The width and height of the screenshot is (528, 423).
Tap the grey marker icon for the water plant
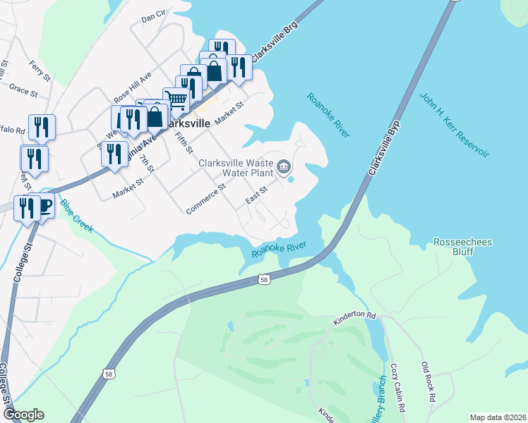tap(284, 167)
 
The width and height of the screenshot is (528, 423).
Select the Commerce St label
tap(205, 200)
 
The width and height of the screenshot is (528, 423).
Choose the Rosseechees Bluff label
tap(463, 247)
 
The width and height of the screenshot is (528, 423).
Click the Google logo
tap(23, 415)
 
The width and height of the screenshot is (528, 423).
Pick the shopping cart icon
tap(176, 100)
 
